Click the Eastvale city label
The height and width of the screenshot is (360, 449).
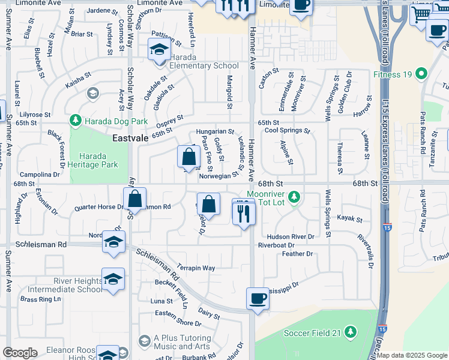[x=131, y=138]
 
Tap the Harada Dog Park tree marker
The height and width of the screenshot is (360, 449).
[x=76, y=121]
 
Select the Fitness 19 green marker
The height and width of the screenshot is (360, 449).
[x=421, y=74]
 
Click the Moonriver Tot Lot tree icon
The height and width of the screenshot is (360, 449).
[x=294, y=197]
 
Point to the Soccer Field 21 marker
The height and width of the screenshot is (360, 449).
[x=351, y=332]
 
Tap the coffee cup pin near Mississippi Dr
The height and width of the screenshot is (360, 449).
[x=258, y=299]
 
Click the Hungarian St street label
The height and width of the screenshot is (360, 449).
[x=215, y=131]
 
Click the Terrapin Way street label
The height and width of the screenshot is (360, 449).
[x=196, y=268]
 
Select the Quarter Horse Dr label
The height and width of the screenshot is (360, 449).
[x=98, y=208]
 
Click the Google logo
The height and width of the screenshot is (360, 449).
[x=20, y=353]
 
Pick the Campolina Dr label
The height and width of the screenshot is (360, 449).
[x=40, y=175]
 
